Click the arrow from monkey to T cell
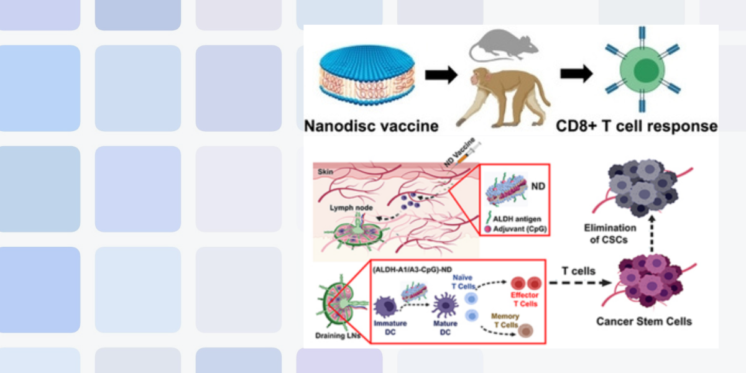click(x=575, y=73)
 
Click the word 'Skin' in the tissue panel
click(x=325, y=170)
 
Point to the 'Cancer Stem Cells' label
click(x=644, y=321)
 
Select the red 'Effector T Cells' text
click(x=525, y=299)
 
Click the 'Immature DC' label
click(x=390, y=328)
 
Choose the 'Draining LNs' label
click(x=335, y=336)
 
